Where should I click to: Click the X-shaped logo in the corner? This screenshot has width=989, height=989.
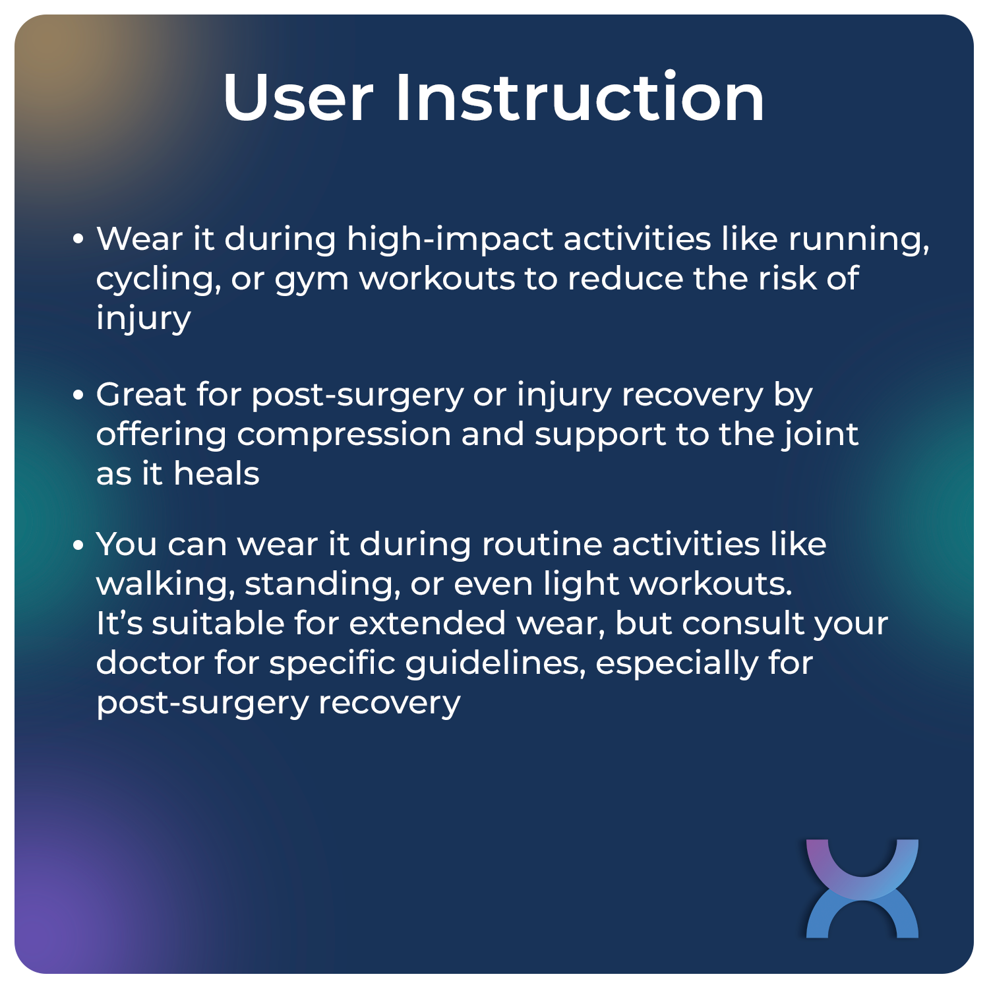pos(862,888)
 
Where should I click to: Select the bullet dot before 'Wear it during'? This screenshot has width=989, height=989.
pos(78,239)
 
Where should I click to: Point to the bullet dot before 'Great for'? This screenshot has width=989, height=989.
pos(78,396)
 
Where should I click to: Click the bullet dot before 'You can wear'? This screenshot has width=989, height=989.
pos(78,545)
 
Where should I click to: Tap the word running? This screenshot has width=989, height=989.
pos(858,239)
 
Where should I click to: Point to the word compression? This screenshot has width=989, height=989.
pos(343,435)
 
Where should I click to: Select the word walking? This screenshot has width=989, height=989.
pos(165,584)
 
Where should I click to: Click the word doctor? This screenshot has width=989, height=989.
pos(150,663)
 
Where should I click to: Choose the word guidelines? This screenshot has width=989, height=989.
pos(495,663)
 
